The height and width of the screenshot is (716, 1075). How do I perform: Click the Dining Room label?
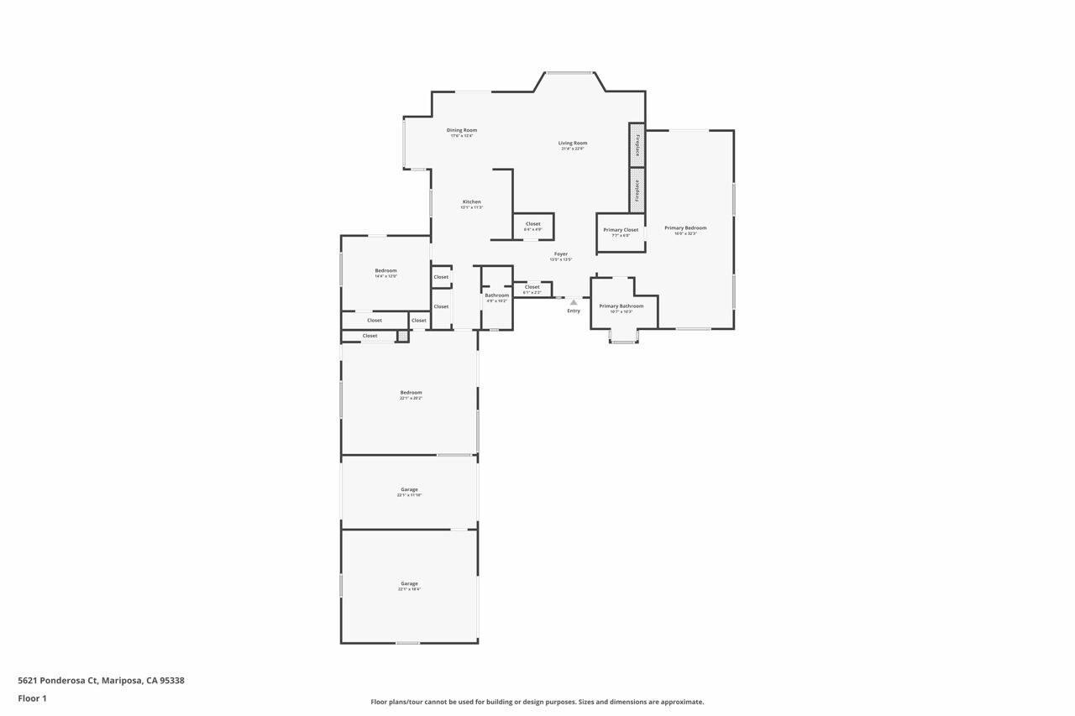pyautogui.click(x=461, y=130)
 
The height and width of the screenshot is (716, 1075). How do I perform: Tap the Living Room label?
pyautogui.click(x=573, y=143)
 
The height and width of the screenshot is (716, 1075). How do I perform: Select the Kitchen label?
pyautogui.click(x=472, y=201)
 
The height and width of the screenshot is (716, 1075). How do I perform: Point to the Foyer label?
pyautogui.click(x=560, y=253)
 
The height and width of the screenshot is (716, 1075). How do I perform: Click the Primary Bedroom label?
pyautogui.click(x=685, y=227)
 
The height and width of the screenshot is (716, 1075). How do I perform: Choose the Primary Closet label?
pyautogui.click(x=621, y=229)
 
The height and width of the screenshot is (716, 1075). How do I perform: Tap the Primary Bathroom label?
pyautogui.click(x=621, y=306)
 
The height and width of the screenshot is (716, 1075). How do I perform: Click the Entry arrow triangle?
pyautogui.click(x=574, y=302)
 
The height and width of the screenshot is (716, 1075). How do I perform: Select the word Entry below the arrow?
pyautogui.click(x=574, y=311)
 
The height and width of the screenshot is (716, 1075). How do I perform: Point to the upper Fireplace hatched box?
pyautogui.click(x=637, y=145)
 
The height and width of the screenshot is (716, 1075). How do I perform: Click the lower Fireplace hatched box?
pyautogui.click(x=637, y=190)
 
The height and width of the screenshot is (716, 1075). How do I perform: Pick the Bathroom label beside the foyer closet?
pyautogui.click(x=496, y=295)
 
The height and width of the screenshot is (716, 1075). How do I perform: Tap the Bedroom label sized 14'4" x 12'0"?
pyautogui.click(x=385, y=270)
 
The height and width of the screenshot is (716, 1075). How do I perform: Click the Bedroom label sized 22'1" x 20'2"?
pyautogui.click(x=411, y=392)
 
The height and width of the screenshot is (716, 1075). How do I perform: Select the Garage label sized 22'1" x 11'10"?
pyautogui.click(x=409, y=489)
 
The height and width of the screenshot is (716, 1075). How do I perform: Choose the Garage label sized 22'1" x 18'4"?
pyautogui.click(x=409, y=583)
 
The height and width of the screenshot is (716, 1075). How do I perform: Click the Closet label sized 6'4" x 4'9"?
pyautogui.click(x=532, y=223)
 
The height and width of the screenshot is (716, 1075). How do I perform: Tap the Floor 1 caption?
pyautogui.click(x=32, y=698)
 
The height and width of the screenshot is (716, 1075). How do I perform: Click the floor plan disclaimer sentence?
pyautogui.click(x=537, y=702)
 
